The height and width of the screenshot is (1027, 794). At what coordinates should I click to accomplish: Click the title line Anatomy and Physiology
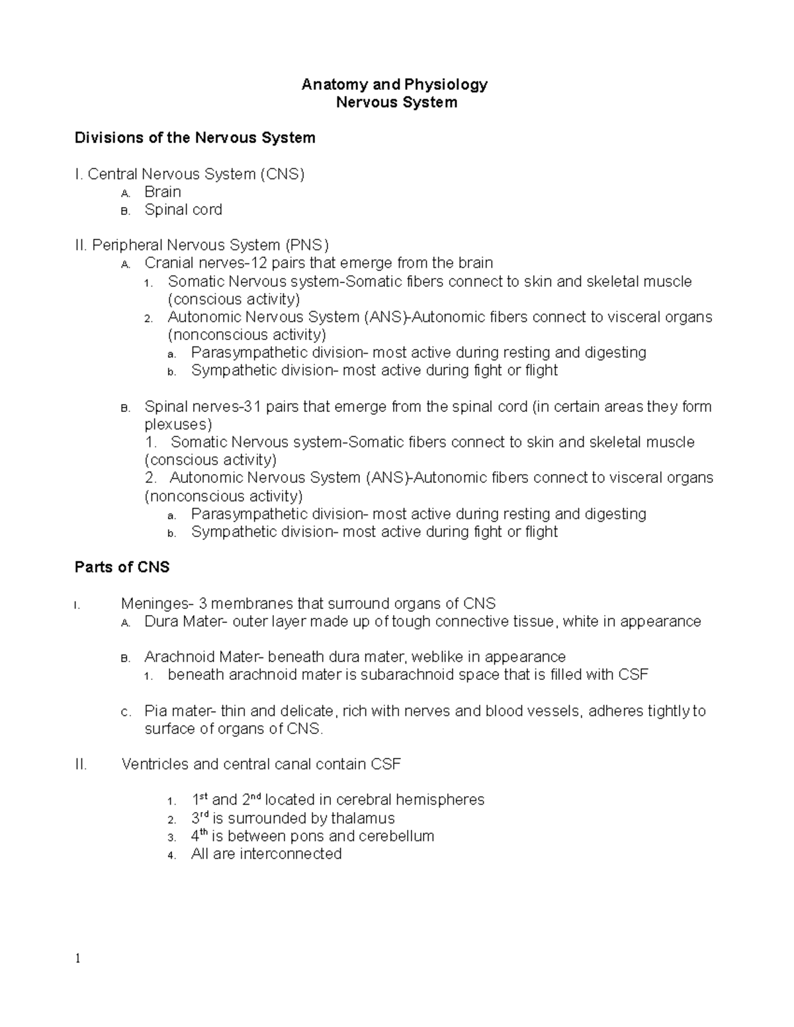click(394, 84)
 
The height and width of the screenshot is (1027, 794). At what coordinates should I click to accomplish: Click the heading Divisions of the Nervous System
click(195, 138)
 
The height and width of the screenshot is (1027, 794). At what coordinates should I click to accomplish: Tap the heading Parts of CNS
click(122, 567)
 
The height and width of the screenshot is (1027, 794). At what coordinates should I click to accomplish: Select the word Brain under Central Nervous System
click(163, 192)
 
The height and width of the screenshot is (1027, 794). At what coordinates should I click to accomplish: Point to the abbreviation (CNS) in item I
click(282, 174)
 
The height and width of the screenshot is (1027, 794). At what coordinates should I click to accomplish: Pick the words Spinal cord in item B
click(183, 210)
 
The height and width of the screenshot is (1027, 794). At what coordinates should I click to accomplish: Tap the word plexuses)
click(178, 425)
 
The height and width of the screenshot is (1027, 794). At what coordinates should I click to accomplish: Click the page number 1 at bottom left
click(77, 958)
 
